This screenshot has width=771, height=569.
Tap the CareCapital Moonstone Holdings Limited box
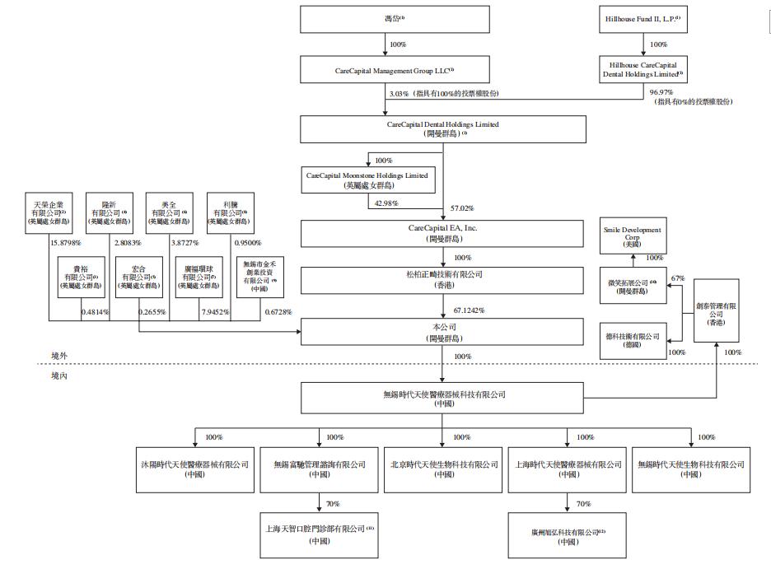point(367,180)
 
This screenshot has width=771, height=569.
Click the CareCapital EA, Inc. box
point(443,232)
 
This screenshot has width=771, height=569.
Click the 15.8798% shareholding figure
point(66,244)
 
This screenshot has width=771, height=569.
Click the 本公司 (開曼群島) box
point(443,333)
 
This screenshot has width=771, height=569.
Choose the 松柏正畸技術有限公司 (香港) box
point(443,279)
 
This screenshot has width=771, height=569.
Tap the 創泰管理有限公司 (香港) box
point(715,313)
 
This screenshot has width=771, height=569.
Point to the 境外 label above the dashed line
point(59,357)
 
